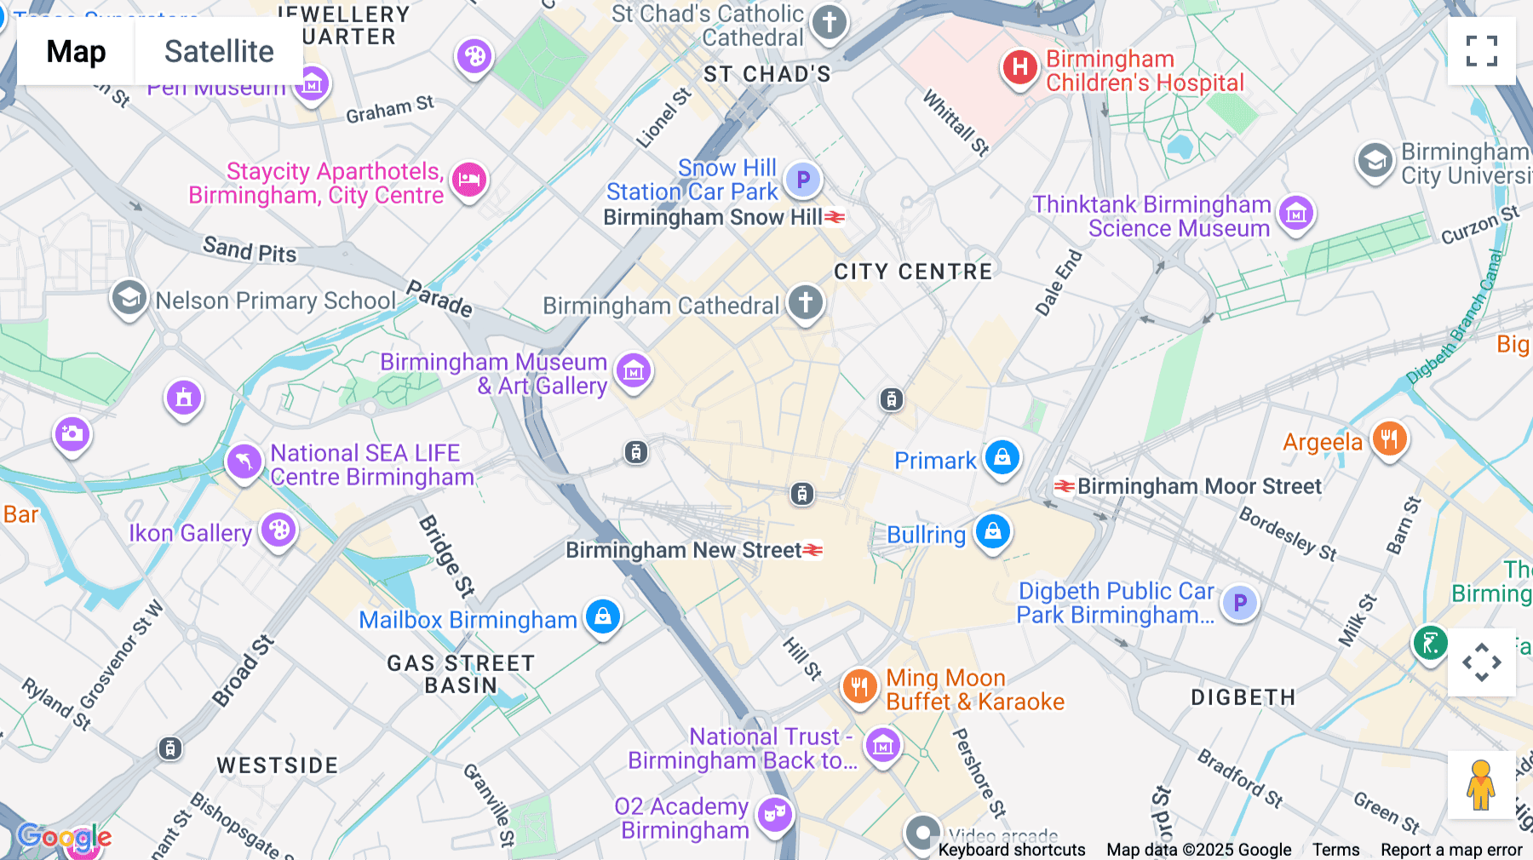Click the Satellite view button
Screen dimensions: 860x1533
(x=219, y=52)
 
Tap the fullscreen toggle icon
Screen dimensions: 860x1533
(x=1481, y=51)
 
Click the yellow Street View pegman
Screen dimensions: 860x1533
(x=1480, y=785)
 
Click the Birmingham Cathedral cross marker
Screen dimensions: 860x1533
(x=805, y=302)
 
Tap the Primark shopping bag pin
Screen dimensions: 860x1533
(x=1002, y=457)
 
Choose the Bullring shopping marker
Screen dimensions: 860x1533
(x=992, y=532)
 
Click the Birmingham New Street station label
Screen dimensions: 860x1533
(x=684, y=550)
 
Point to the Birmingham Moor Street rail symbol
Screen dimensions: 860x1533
(x=1064, y=486)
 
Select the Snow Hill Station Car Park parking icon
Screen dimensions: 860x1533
(x=802, y=179)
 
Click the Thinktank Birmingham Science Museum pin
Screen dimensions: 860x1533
(x=1296, y=213)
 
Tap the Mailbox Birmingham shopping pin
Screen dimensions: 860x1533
(x=603, y=616)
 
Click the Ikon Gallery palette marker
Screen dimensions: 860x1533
(x=278, y=530)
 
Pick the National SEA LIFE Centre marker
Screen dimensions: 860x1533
(x=244, y=462)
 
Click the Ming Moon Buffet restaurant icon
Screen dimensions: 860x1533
(x=859, y=686)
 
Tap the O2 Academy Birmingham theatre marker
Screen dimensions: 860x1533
(x=774, y=815)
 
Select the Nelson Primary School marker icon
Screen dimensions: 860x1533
(x=129, y=299)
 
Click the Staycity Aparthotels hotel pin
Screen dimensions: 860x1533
(x=469, y=180)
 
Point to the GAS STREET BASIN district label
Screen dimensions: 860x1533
(x=461, y=674)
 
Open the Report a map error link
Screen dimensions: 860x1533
(x=1451, y=850)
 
